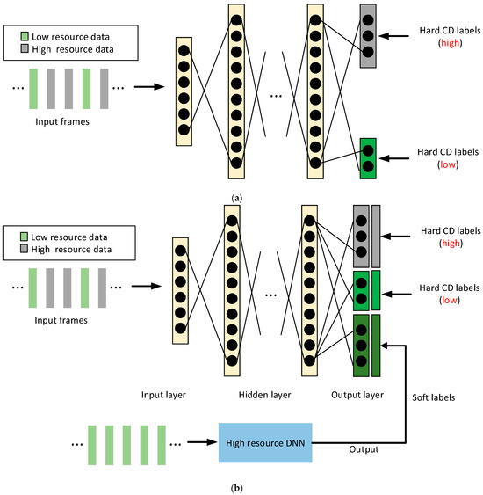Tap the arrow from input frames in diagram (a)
144,87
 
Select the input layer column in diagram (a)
183,86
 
